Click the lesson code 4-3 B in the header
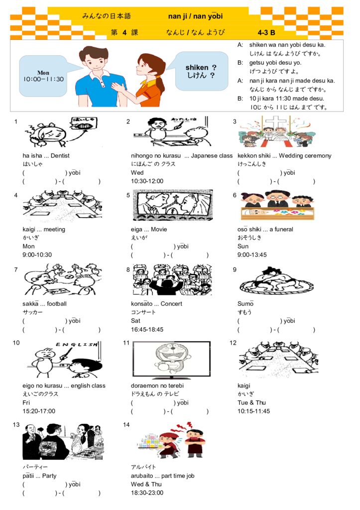pos(266,33)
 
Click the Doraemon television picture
pos(171,360)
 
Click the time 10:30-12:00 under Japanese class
pos(147,181)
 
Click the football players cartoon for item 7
pos(62,280)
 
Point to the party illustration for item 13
pos(63,441)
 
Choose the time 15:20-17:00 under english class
pos(39,411)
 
